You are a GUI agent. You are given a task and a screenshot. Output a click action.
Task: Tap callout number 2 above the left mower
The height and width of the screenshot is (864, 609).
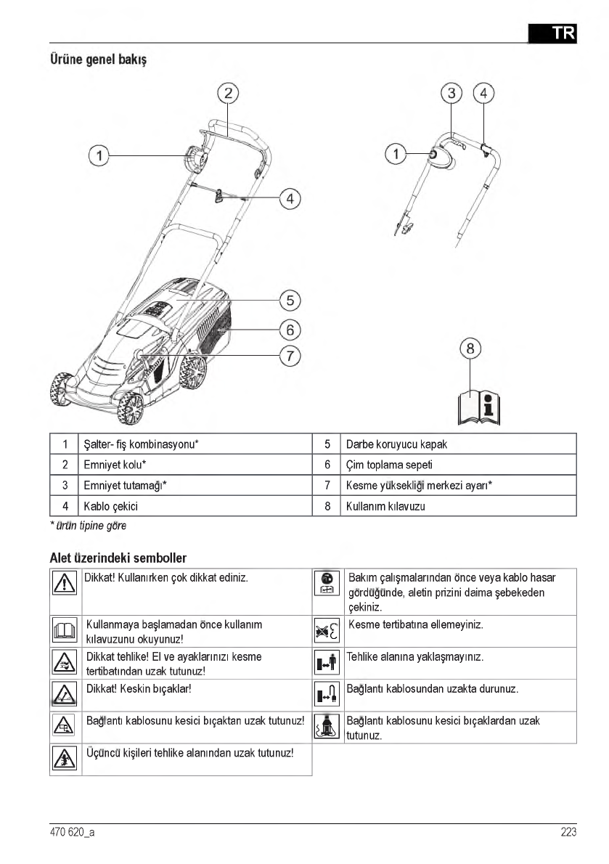pos(228,92)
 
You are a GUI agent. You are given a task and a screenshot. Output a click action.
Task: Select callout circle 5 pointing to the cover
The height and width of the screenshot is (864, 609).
pos(290,300)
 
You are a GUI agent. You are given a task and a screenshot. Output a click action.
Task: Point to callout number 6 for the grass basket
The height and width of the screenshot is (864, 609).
pos(290,330)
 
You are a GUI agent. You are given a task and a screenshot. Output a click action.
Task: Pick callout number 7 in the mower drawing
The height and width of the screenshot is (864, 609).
pos(290,356)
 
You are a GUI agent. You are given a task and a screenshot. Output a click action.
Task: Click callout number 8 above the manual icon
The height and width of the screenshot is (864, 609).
pos(470,349)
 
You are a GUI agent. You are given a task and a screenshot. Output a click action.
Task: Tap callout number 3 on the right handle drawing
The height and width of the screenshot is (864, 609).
pos(452,93)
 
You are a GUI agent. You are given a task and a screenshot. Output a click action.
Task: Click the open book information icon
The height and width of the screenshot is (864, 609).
pos(480,407)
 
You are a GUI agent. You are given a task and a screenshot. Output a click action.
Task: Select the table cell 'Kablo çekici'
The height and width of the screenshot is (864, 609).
pos(111,506)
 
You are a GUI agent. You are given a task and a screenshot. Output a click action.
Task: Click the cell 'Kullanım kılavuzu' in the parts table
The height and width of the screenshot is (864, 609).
pos(385,506)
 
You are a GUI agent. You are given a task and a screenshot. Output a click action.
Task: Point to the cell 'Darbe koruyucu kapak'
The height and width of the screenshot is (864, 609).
pos(401,444)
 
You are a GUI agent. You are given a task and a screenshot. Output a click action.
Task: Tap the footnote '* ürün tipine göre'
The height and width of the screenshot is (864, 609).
pos(83,525)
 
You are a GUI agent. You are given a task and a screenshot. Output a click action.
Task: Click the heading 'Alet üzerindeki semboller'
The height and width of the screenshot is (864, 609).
pos(118,558)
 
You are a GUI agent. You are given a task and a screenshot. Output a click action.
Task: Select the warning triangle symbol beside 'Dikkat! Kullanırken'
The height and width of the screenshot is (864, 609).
pos(65,583)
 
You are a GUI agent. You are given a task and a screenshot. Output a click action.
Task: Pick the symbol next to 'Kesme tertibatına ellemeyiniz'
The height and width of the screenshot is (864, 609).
pos(328,631)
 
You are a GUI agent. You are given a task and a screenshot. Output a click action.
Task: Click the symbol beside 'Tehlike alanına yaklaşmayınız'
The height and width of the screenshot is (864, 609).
pos(328,663)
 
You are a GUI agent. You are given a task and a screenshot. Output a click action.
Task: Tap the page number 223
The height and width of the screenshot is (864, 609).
pos(568,832)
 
